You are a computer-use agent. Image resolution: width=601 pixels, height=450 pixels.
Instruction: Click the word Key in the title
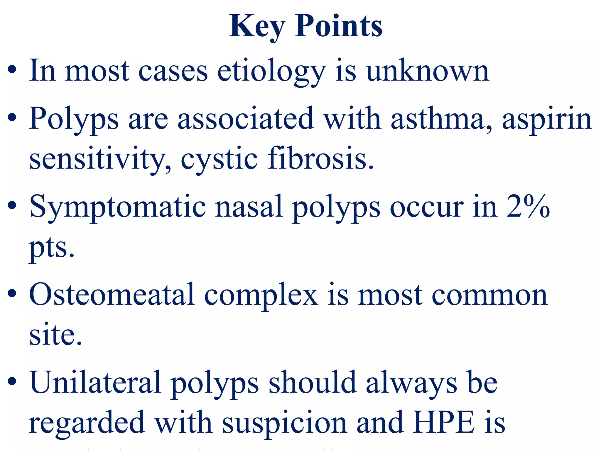point(257,27)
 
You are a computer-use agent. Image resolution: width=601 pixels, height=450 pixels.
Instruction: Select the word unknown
point(428,71)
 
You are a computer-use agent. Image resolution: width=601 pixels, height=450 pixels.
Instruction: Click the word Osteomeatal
point(112,294)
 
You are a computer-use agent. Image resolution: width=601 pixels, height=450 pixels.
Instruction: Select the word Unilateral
point(95,382)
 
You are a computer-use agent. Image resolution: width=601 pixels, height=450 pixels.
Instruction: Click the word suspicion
point(284,423)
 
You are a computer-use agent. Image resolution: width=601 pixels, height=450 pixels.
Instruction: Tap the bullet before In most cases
point(12,71)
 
